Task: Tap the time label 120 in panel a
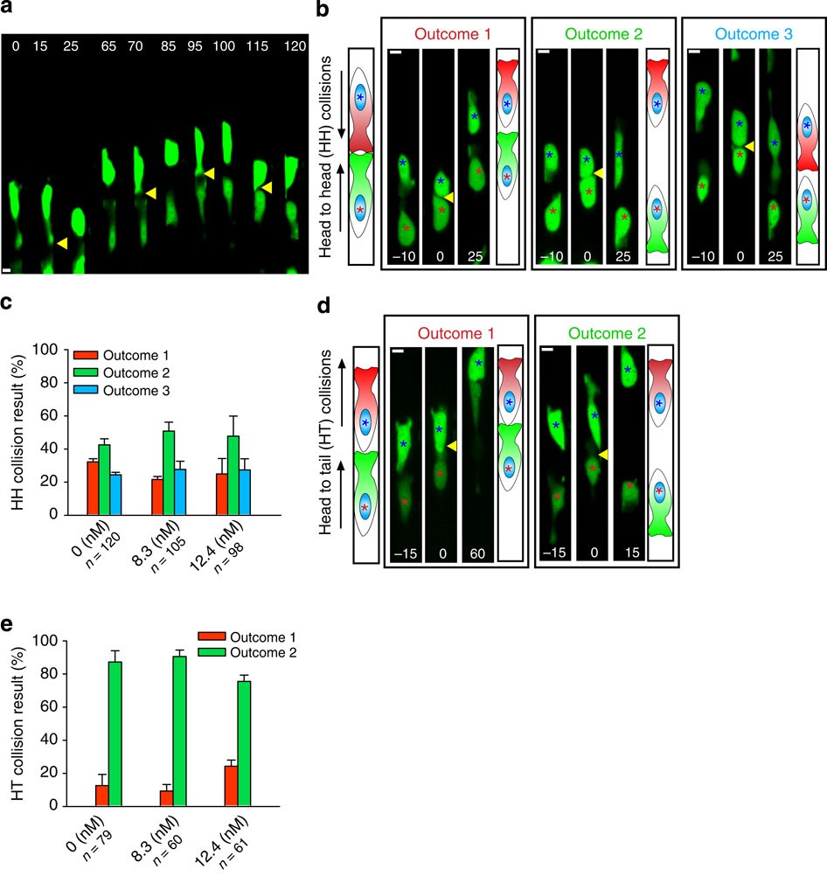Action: (x=288, y=43)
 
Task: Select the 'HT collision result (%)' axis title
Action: (x=17, y=723)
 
